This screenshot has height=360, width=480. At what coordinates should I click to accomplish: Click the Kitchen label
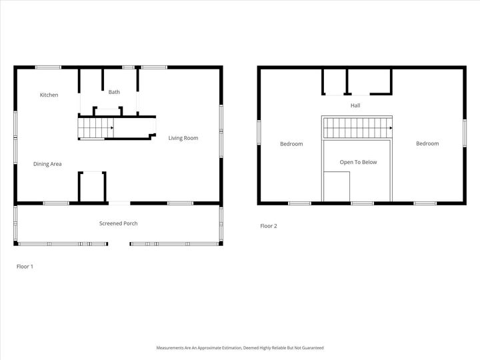point(49,95)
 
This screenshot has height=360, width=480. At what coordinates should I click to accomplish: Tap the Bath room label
point(114,92)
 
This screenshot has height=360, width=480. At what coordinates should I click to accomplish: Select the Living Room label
point(183,138)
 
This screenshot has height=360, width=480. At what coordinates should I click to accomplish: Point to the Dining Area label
point(47,163)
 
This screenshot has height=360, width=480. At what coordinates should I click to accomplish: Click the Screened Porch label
point(118,223)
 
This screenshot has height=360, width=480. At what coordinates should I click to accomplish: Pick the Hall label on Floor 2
point(355,105)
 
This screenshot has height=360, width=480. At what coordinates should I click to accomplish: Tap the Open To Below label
point(358,162)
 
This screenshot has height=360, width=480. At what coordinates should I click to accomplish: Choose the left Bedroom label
point(291,144)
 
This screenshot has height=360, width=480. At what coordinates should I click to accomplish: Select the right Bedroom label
point(427,143)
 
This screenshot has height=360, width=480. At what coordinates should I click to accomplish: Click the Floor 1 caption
point(25,266)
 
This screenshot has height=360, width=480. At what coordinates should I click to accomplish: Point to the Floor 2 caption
point(268,226)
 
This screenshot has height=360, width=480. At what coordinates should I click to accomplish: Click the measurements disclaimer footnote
point(240,347)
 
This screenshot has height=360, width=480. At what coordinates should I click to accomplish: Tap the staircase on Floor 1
point(95,127)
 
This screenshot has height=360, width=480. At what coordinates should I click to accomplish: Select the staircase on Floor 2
point(356,127)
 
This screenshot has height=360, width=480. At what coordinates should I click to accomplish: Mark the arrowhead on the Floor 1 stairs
point(111,127)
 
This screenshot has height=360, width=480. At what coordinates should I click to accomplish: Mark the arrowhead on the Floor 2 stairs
point(389,127)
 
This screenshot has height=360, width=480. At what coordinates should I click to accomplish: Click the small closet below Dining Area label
point(92,187)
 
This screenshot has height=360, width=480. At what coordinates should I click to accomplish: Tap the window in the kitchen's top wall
point(48,67)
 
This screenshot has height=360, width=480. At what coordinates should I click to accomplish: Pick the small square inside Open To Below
point(337,186)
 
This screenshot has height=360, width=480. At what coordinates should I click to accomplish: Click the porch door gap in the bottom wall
point(119,244)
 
